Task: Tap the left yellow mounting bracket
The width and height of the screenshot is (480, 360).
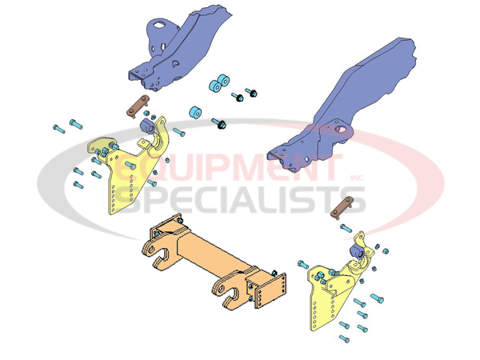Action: point(120,176)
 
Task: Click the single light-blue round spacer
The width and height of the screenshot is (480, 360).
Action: point(194,112)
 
